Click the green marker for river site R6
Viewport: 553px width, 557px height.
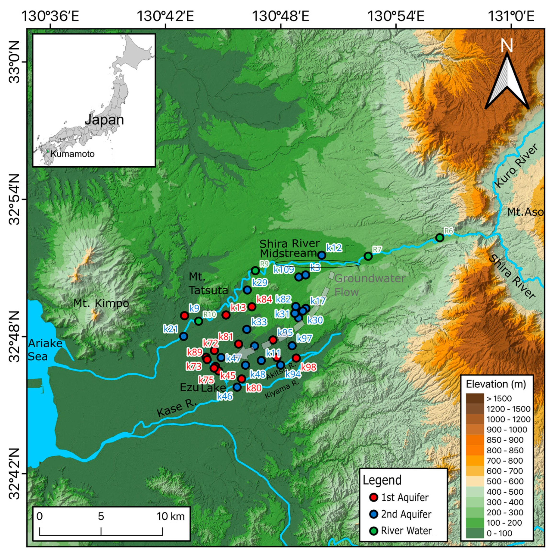tap(439, 238)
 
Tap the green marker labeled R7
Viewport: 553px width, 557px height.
tap(368, 256)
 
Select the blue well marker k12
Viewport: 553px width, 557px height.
tap(322, 255)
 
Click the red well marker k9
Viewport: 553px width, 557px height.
tap(184, 315)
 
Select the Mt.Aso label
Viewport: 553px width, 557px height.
tap(525, 212)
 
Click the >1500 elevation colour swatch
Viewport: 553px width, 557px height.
tap(475, 399)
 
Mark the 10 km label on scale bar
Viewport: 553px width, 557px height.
tap(170, 516)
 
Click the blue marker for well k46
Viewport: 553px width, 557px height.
tap(237, 387)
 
